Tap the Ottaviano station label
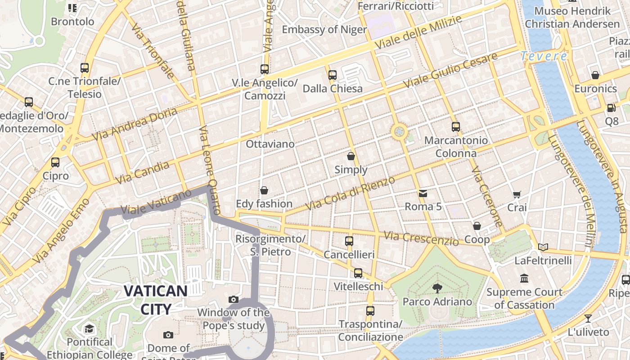click(x=270, y=144)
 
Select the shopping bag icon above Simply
click(x=351, y=157)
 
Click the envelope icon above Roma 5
click(x=423, y=193)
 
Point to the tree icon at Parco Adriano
click(x=437, y=288)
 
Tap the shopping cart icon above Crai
click(x=517, y=195)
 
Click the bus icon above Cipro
click(x=55, y=162)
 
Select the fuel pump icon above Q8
click(x=611, y=108)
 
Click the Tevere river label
click(x=544, y=56)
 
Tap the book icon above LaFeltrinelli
click(x=543, y=247)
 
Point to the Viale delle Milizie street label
click(x=418, y=32)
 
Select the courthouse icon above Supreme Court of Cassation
click(x=524, y=279)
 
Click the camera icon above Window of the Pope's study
click(x=233, y=299)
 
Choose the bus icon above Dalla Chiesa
click(x=333, y=75)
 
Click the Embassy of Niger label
click(x=324, y=30)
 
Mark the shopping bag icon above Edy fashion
click(x=264, y=190)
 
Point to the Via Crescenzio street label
click(x=421, y=238)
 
